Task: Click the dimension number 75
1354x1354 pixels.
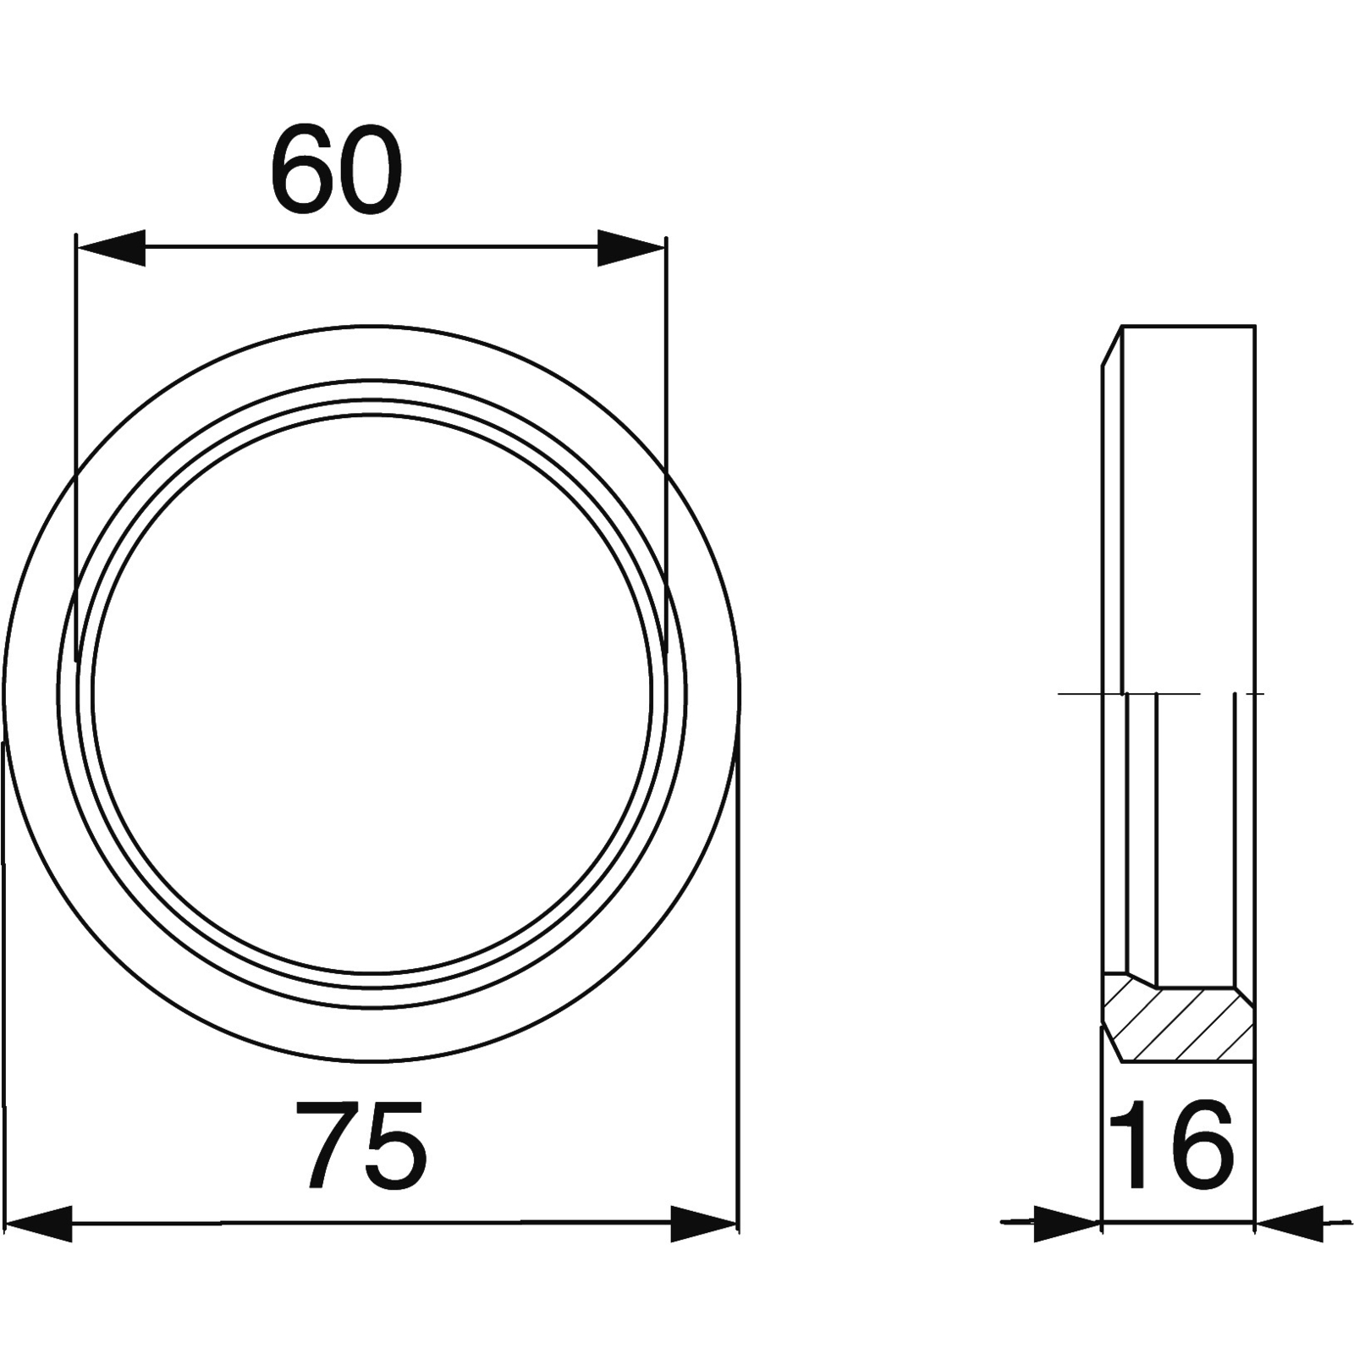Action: click(361, 1145)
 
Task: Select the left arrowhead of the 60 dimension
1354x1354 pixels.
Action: click(110, 247)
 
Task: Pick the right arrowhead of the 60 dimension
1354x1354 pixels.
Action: click(631, 247)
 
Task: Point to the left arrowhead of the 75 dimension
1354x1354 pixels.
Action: click(37, 1223)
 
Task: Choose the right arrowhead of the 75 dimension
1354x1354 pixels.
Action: click(704, 1223)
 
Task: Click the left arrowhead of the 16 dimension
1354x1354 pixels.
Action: click(1068, 1223)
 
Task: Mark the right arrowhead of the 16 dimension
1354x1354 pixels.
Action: click(1289, 1223)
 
